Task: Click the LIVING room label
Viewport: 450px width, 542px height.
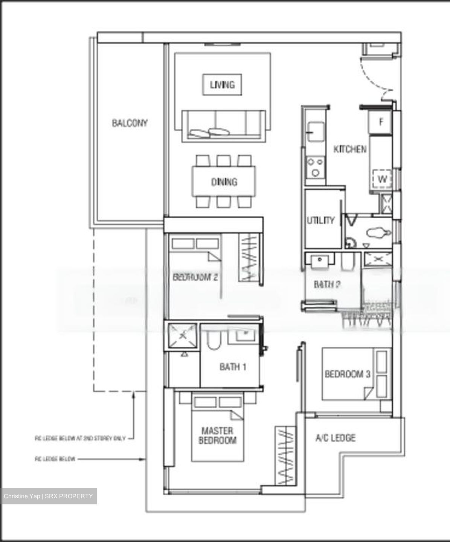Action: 222,85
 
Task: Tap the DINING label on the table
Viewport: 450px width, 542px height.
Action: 224,182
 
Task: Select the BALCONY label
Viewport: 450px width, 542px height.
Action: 130,123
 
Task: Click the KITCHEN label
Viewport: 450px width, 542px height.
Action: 350,149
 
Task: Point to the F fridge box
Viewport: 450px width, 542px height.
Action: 381,122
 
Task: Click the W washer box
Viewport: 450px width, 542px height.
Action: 382,180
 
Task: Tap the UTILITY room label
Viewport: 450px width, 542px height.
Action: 320,220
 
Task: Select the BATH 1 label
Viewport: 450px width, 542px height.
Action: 233,367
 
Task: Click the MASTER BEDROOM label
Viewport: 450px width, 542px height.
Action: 217,435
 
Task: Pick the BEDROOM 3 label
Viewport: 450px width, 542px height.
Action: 348,374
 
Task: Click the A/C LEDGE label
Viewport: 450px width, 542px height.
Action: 335,438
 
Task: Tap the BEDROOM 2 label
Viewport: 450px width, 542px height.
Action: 195,277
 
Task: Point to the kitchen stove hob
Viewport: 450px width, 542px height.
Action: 315,167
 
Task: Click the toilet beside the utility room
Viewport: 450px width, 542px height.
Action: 377,233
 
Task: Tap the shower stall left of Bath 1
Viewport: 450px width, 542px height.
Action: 182,336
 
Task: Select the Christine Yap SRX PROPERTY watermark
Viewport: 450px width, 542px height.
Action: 49,496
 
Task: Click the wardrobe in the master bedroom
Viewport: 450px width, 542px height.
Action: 285,456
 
